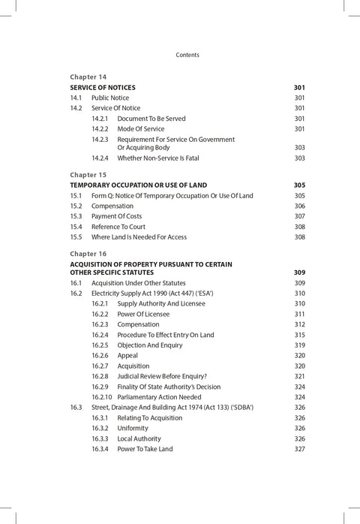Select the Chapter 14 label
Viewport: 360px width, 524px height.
(88, 77)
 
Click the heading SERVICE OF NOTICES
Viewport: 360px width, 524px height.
(103, 88)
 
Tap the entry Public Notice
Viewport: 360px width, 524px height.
(110, 98)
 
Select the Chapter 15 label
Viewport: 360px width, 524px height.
(88, 174)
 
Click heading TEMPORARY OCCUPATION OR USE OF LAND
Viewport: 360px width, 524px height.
(138, 185)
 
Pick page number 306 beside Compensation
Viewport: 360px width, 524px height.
(299, 206)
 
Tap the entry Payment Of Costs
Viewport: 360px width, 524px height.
(116, 216)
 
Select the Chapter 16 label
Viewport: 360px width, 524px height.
(88, 254)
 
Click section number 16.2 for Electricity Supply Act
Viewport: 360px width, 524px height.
(76, 294)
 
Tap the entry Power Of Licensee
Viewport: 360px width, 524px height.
(143, 314)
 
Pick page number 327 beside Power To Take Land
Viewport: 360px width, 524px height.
(299, 449)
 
